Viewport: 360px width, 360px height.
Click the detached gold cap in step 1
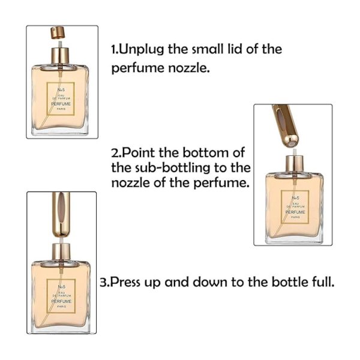58,32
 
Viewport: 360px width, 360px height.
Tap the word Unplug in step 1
141,49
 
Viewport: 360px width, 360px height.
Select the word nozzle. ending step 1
189,68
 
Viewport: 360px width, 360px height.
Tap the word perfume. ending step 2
221,184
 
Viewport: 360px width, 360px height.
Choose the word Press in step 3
125,282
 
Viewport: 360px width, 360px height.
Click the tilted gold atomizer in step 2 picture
286,126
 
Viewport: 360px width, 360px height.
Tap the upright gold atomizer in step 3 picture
61,214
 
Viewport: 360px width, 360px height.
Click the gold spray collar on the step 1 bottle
60,55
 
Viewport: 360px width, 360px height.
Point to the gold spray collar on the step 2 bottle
295,164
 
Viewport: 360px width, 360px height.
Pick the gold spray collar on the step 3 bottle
61,251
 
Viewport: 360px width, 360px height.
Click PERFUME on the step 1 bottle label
61,104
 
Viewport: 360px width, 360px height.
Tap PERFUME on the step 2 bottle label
295,212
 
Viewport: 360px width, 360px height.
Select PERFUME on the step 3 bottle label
61,301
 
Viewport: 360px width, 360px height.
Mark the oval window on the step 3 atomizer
61,208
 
